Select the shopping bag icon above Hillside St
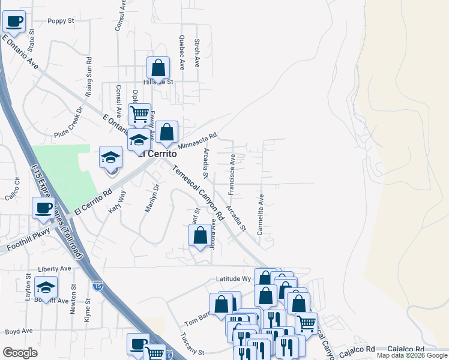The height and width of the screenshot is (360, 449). pyautogui.click(x=158, y=67)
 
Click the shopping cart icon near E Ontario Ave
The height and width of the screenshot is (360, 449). pyautogui.click(x=139, y=113)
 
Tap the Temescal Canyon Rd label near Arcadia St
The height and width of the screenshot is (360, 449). pyautogui.click(x=197, y=193)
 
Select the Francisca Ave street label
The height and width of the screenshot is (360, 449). pyautogui.click(x=232, y=173)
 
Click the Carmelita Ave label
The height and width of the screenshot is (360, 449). pyautogui.click(x=261, y=214)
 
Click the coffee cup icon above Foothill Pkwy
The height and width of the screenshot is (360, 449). pyautogui.click(x=44, y=208)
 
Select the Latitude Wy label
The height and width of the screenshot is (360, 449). pyautogui.click(x=234, y=279)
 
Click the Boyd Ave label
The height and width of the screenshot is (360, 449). pyautogui.click(x=19, y=331)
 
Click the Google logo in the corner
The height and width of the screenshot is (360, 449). pyautogui.click(x=20, y=353)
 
